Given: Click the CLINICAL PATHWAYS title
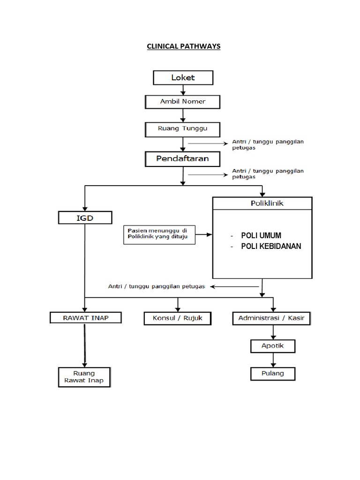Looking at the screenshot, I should click(x=183, y=46).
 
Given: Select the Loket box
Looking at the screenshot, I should click(x=183, y=77).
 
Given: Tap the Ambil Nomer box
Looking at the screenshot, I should click(x=182, y=101).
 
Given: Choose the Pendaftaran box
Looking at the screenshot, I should click(x=182, y=159).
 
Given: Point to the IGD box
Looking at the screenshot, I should click(x=85, y=217).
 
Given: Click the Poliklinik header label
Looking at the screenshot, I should click(x=262, y=203).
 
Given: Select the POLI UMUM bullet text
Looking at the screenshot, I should click(x=261, y=235).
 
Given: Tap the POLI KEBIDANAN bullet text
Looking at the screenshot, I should click(x=271, y=247).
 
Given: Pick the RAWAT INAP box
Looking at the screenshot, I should click(x=86, y=318).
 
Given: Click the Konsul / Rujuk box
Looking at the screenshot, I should click(x=178, y=318).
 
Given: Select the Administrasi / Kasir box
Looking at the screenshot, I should click(x=271, y=319).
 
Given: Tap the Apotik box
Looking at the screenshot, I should click(x=272, y=346).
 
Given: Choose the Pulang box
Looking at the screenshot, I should click(x=272, y=374).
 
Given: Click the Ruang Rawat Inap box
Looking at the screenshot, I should click(x=84, y=377).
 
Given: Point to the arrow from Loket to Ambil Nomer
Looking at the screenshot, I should click(x=183, y=90).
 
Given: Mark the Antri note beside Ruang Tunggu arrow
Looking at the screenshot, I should click(x=268, y=144).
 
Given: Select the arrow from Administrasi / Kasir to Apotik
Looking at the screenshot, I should click(x=272, y=332).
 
